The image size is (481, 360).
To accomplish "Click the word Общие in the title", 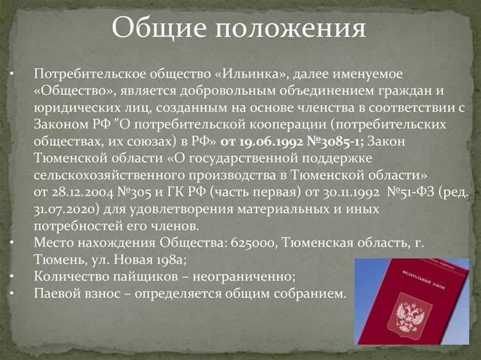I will tap(158, 28).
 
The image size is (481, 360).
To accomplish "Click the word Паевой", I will tap(58, 293).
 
